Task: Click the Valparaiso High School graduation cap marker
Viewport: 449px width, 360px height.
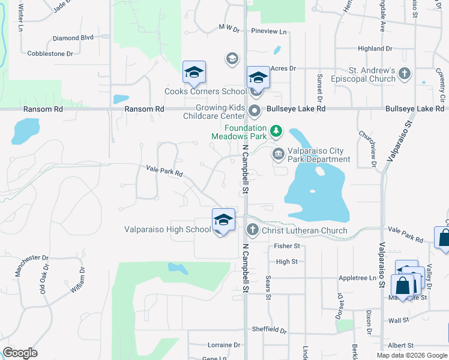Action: pyautogui.click(x=223, y=220)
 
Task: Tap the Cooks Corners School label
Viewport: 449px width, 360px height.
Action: pyautogui.click(x=205, y=92)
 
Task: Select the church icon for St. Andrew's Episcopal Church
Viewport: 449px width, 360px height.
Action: pyautogui.click(x=405, y=74)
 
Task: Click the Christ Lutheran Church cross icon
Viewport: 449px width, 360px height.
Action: pyautogui.click(x=253, y=230)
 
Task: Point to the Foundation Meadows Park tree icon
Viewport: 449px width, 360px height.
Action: pyautogui.click(x=276, y=130)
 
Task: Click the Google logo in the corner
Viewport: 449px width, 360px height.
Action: pyautogui.click(x=20, y=353)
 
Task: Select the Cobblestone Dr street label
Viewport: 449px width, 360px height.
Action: pyautogui.click(x=50, y=53)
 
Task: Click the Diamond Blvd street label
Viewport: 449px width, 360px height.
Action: pyautogui.click(x=73, y=37)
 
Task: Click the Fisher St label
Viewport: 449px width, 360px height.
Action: pyautogui.click(x=286, y=246)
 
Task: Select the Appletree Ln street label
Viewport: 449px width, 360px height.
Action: pyautogui.click(x=357, y=278)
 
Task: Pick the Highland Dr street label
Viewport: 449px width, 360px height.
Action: pyautogui.click(x=375, y=49)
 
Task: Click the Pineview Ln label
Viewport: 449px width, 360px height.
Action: pyautogui.click(x=270, y=31)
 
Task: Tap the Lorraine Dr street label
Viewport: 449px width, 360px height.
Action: pyautogui.click(x=223, y=345)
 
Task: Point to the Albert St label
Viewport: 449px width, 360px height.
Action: pyautogui.click(x=400, y=346)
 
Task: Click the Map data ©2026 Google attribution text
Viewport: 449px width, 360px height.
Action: pyautogui.click(x=411, y=355)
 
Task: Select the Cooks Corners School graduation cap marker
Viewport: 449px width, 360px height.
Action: pyautogui.click(x=194, y=73)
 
